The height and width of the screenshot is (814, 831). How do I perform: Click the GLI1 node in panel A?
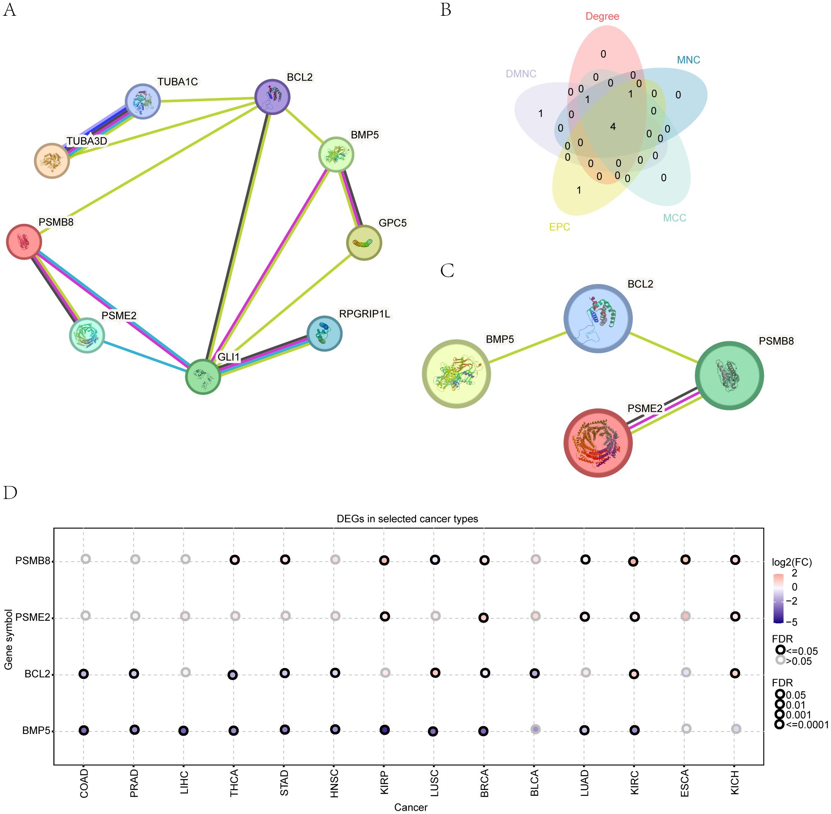coord(203,377)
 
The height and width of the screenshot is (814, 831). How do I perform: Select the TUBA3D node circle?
coord(52,161)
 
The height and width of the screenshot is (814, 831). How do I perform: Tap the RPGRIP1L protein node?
coord(324,333)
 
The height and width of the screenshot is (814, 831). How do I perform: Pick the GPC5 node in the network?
coord(364,243)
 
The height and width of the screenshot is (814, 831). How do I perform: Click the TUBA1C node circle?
coord(143,101)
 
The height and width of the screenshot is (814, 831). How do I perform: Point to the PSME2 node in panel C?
coord(598,443)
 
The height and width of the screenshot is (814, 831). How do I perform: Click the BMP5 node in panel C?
coord(456,374)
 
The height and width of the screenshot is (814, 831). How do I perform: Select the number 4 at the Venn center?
coord(613,126)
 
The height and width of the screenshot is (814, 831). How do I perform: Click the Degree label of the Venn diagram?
coord(602,16)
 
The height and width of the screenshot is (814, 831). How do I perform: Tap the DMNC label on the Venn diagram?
coord(521,74)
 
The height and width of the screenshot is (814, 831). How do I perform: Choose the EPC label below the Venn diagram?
coord(559,227)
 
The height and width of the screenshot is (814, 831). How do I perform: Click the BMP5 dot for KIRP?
coord(384,730)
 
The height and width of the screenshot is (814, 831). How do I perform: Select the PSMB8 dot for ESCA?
coord(685,560)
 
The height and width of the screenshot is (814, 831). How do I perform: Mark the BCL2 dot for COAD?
coord(84,674)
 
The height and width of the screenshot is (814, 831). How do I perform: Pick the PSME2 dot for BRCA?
coord(484,618)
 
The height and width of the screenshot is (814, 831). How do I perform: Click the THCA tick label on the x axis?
coord(234,783)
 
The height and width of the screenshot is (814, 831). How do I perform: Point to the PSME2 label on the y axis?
coord(32,617)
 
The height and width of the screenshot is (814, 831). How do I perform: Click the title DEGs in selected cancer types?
coord(407,519)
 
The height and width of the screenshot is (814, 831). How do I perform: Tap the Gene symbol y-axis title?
coord(9,639)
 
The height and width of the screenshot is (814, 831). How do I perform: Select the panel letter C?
coord(447,271)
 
